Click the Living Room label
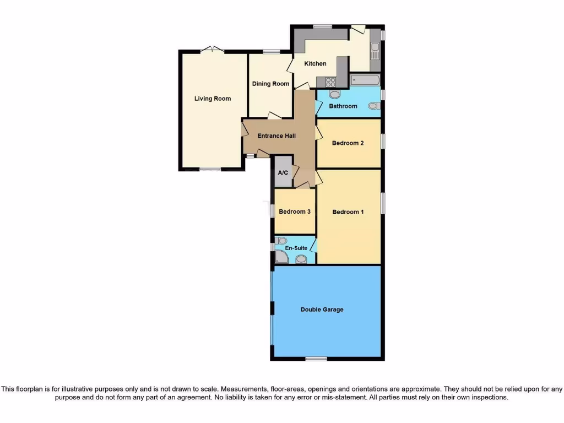pos(212,99)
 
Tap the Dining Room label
pos(270,84)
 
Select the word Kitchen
pos(315,64)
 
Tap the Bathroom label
pos(343,106)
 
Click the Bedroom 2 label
pos(348,143)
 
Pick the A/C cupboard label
pos(283,173)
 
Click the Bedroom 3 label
pos(295,211)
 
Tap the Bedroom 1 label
pos(348,211)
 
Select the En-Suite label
pos(296,248)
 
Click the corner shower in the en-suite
pos(281,257)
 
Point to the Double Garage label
pos(322,310)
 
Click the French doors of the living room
pos(212,50)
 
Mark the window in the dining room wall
pos(270,52)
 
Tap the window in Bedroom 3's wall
pos(272,211)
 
